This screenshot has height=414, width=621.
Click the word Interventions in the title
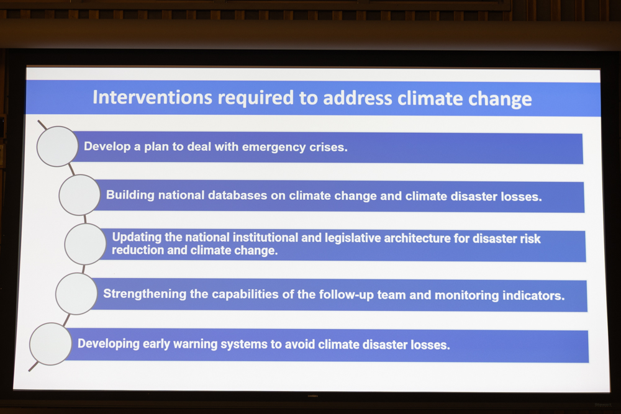pyautogui.click(x=153, y=97)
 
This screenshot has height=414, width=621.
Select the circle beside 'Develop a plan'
pyautogui.click(x=57, y=146)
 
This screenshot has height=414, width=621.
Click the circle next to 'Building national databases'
pyautogui.click(x=79, y=195)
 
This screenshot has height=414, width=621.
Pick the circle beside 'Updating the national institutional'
pyautogui.click(x=85, y=244)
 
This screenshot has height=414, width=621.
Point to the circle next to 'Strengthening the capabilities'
pyautogui.click(x=76, y=294)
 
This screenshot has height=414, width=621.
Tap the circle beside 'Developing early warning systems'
pyautogui.click(x=51, y=343)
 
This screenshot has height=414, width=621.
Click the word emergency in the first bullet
pyautogui.click(x=274, y=147)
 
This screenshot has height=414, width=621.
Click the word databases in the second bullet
pyautogui.click(x=238, y=195)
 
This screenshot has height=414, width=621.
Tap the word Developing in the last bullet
pyautogui.click(x=109, y=343)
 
